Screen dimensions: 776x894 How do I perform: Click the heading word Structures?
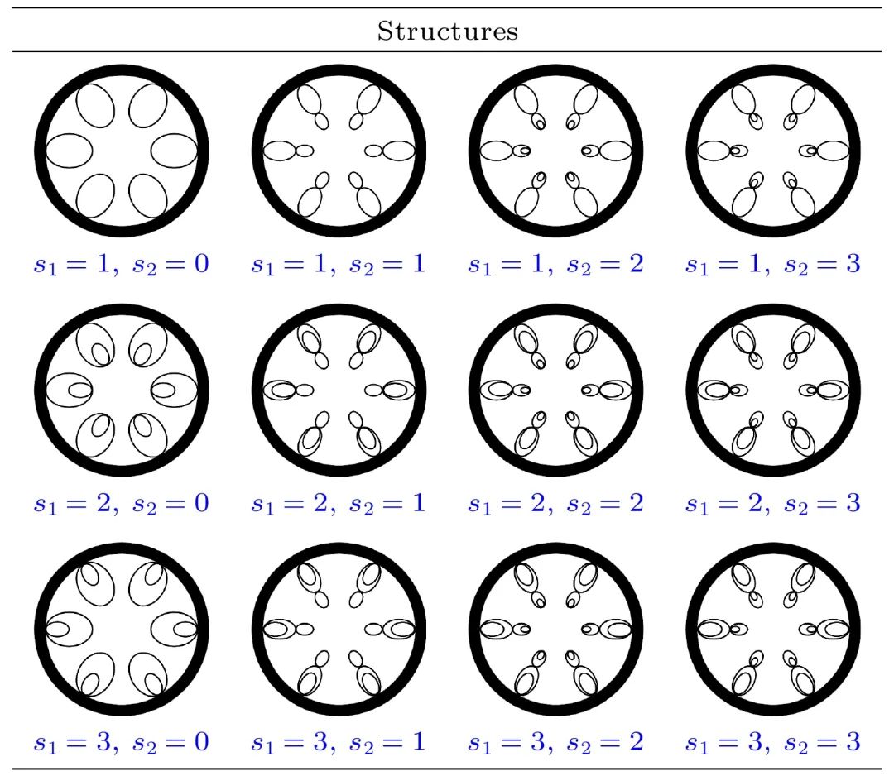click(x=448, y=31)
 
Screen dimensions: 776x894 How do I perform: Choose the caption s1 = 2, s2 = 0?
click(x=121, y=503)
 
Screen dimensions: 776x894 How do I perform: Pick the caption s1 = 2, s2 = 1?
click(x=339, y=503)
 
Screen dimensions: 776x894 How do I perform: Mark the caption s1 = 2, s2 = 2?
click(x=555, y=503)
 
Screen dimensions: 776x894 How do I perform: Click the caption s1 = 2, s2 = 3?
click(x=773, y=503)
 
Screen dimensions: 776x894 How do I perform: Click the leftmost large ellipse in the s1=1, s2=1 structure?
click(x=280, y=151)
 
